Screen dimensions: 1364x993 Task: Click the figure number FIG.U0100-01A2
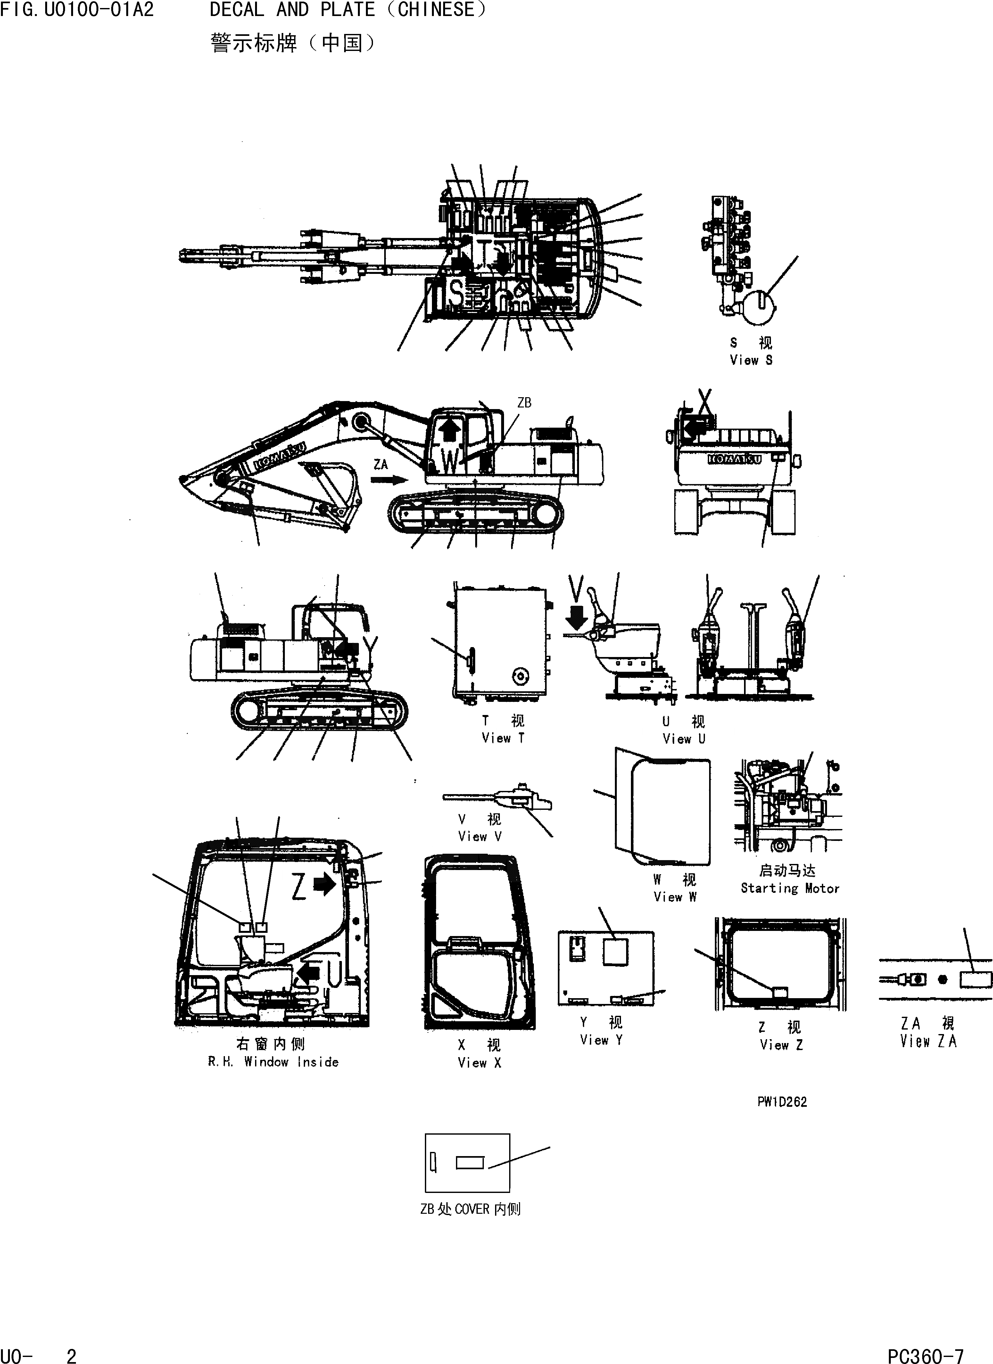(77, 10)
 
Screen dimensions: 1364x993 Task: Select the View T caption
(503, 738)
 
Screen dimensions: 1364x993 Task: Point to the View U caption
(684, 738)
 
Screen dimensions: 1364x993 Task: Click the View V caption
(479, 836)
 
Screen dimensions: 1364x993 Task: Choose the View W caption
(675, 897)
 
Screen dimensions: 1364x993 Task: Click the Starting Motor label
(790, 888)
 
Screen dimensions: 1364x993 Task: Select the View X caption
(479, 1063)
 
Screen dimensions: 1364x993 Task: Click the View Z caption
(781, 1045)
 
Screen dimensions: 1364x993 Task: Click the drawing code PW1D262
(782, 1102)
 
